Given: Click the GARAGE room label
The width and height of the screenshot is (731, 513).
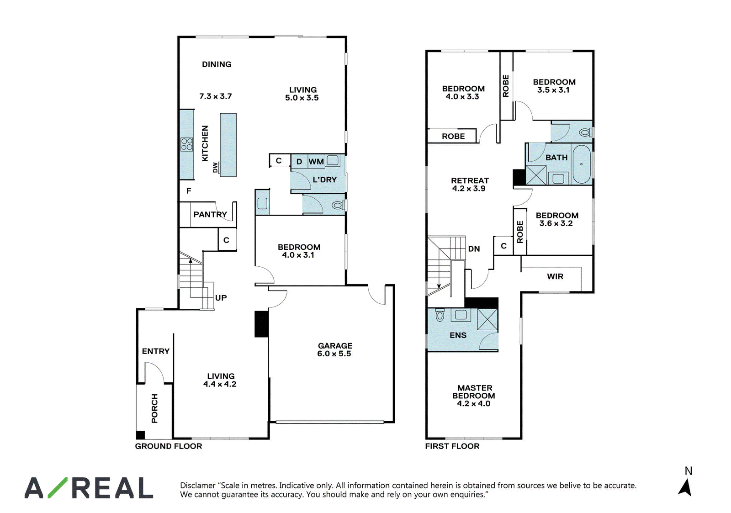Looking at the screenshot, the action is click(335, 346).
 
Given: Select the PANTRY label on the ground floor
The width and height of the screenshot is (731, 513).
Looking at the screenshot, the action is click(210, 214).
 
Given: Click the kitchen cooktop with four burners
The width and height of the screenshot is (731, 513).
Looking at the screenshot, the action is click(187, 144).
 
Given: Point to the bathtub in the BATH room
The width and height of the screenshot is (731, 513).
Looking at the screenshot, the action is click(582, 164).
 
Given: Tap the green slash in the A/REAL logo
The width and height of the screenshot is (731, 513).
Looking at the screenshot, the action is click(58, 487).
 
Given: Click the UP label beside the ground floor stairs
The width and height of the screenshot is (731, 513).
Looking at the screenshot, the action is click(221, 298).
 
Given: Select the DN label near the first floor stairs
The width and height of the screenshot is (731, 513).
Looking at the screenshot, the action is click(474, 249).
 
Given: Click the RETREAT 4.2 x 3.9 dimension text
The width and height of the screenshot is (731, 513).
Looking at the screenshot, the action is click(469, 189).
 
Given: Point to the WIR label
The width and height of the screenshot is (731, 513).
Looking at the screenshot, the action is click(555, 277).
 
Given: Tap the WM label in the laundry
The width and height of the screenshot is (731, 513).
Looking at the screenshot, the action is click(316, 162).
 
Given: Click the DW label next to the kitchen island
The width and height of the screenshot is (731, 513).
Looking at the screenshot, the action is click(215, 168).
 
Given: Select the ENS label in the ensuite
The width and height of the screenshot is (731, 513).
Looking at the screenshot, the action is click(458, 335).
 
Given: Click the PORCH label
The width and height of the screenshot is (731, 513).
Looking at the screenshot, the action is click(154, 408).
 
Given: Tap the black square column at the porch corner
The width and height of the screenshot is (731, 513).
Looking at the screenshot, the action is click(140, 435).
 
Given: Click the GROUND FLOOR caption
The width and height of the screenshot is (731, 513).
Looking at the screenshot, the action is click(169, 446).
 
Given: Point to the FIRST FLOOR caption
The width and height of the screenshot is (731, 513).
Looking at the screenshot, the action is click(452, 446).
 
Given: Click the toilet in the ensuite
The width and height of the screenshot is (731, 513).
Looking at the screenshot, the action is click(440, 315).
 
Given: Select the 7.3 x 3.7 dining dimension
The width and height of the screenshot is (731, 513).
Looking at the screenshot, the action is click(215, 96).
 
